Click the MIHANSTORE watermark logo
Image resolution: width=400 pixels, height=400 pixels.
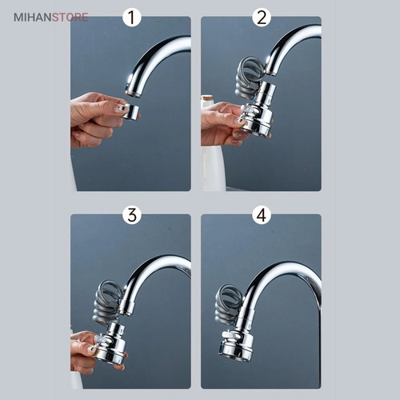point(50,18)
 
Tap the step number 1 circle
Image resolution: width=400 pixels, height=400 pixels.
point(131,18)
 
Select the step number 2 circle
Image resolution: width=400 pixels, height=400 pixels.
point(262,18)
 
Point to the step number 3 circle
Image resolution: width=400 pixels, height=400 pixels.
point(131,214)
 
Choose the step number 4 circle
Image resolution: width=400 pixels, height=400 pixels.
point(262,214)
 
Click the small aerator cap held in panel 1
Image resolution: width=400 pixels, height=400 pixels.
point(130,111)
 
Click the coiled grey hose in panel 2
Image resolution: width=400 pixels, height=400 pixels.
point(250,78)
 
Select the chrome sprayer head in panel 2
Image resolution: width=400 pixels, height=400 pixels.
point(258,110)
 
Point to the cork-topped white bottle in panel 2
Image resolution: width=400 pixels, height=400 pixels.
point(212,144)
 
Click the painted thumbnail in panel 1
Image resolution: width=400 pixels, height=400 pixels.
point(118,108)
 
